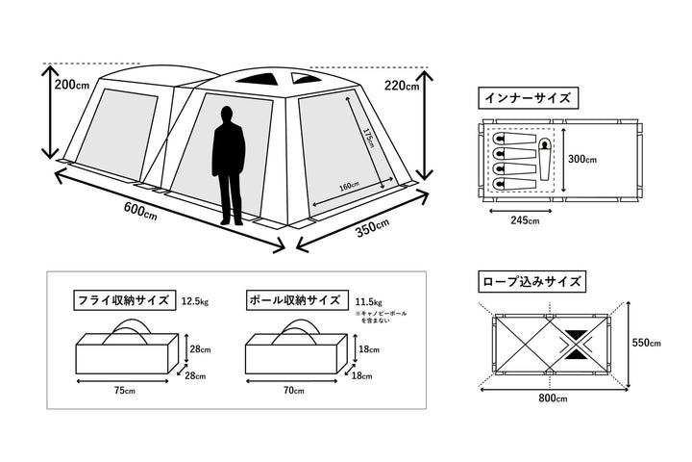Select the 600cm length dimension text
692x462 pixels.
[x=140, y=210]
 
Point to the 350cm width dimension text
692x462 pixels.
[x=370, y=228]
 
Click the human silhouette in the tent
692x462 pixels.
[x=229, y=166]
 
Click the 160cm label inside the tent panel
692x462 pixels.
[x=349, y=186]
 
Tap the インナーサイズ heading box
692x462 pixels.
[x=528, y=98]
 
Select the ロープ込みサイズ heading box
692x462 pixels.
[x=530, y=282]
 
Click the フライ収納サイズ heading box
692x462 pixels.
[x=123, y=300]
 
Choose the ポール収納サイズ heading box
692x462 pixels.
[x=293, y=300]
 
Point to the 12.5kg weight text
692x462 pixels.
[x=195, y=301]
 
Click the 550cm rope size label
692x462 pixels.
[x=650, y=344]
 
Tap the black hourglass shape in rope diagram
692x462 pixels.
[x=579, y=344]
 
